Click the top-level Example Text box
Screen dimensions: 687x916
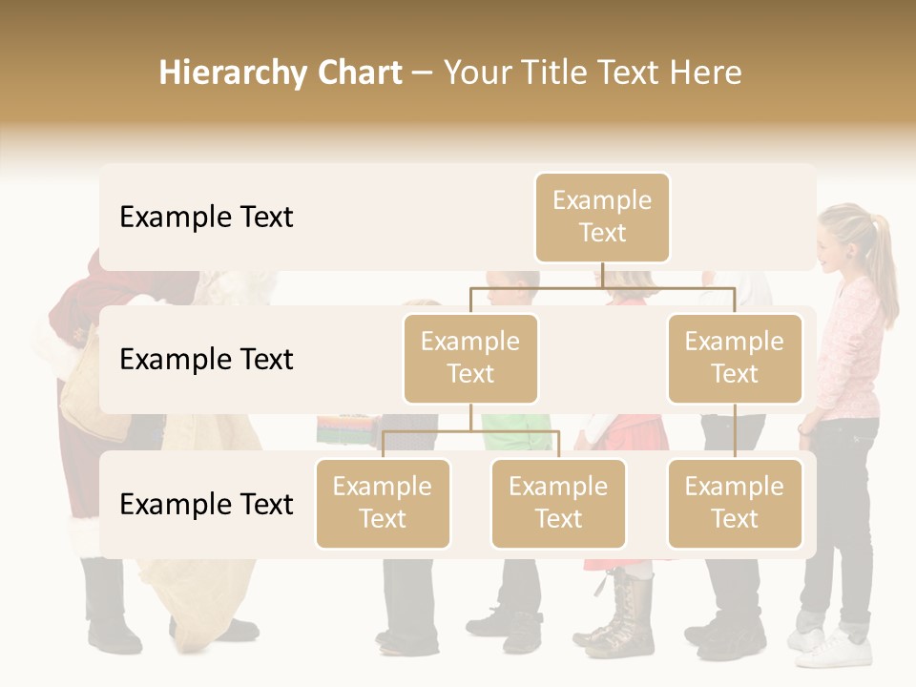click(602, 218)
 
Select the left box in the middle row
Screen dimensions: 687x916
click(470, 359)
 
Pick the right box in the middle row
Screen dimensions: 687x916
click(735, 359)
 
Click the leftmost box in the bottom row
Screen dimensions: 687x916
click(383, 504)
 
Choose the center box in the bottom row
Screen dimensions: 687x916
click(558, 504)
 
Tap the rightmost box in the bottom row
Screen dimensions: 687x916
click(735, 504)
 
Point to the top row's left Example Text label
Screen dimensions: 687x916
click(206, 218)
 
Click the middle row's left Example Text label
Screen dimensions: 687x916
click(206, 360)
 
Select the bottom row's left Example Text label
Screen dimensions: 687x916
click(206, 505)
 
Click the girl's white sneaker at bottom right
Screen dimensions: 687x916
click(838, 651)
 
